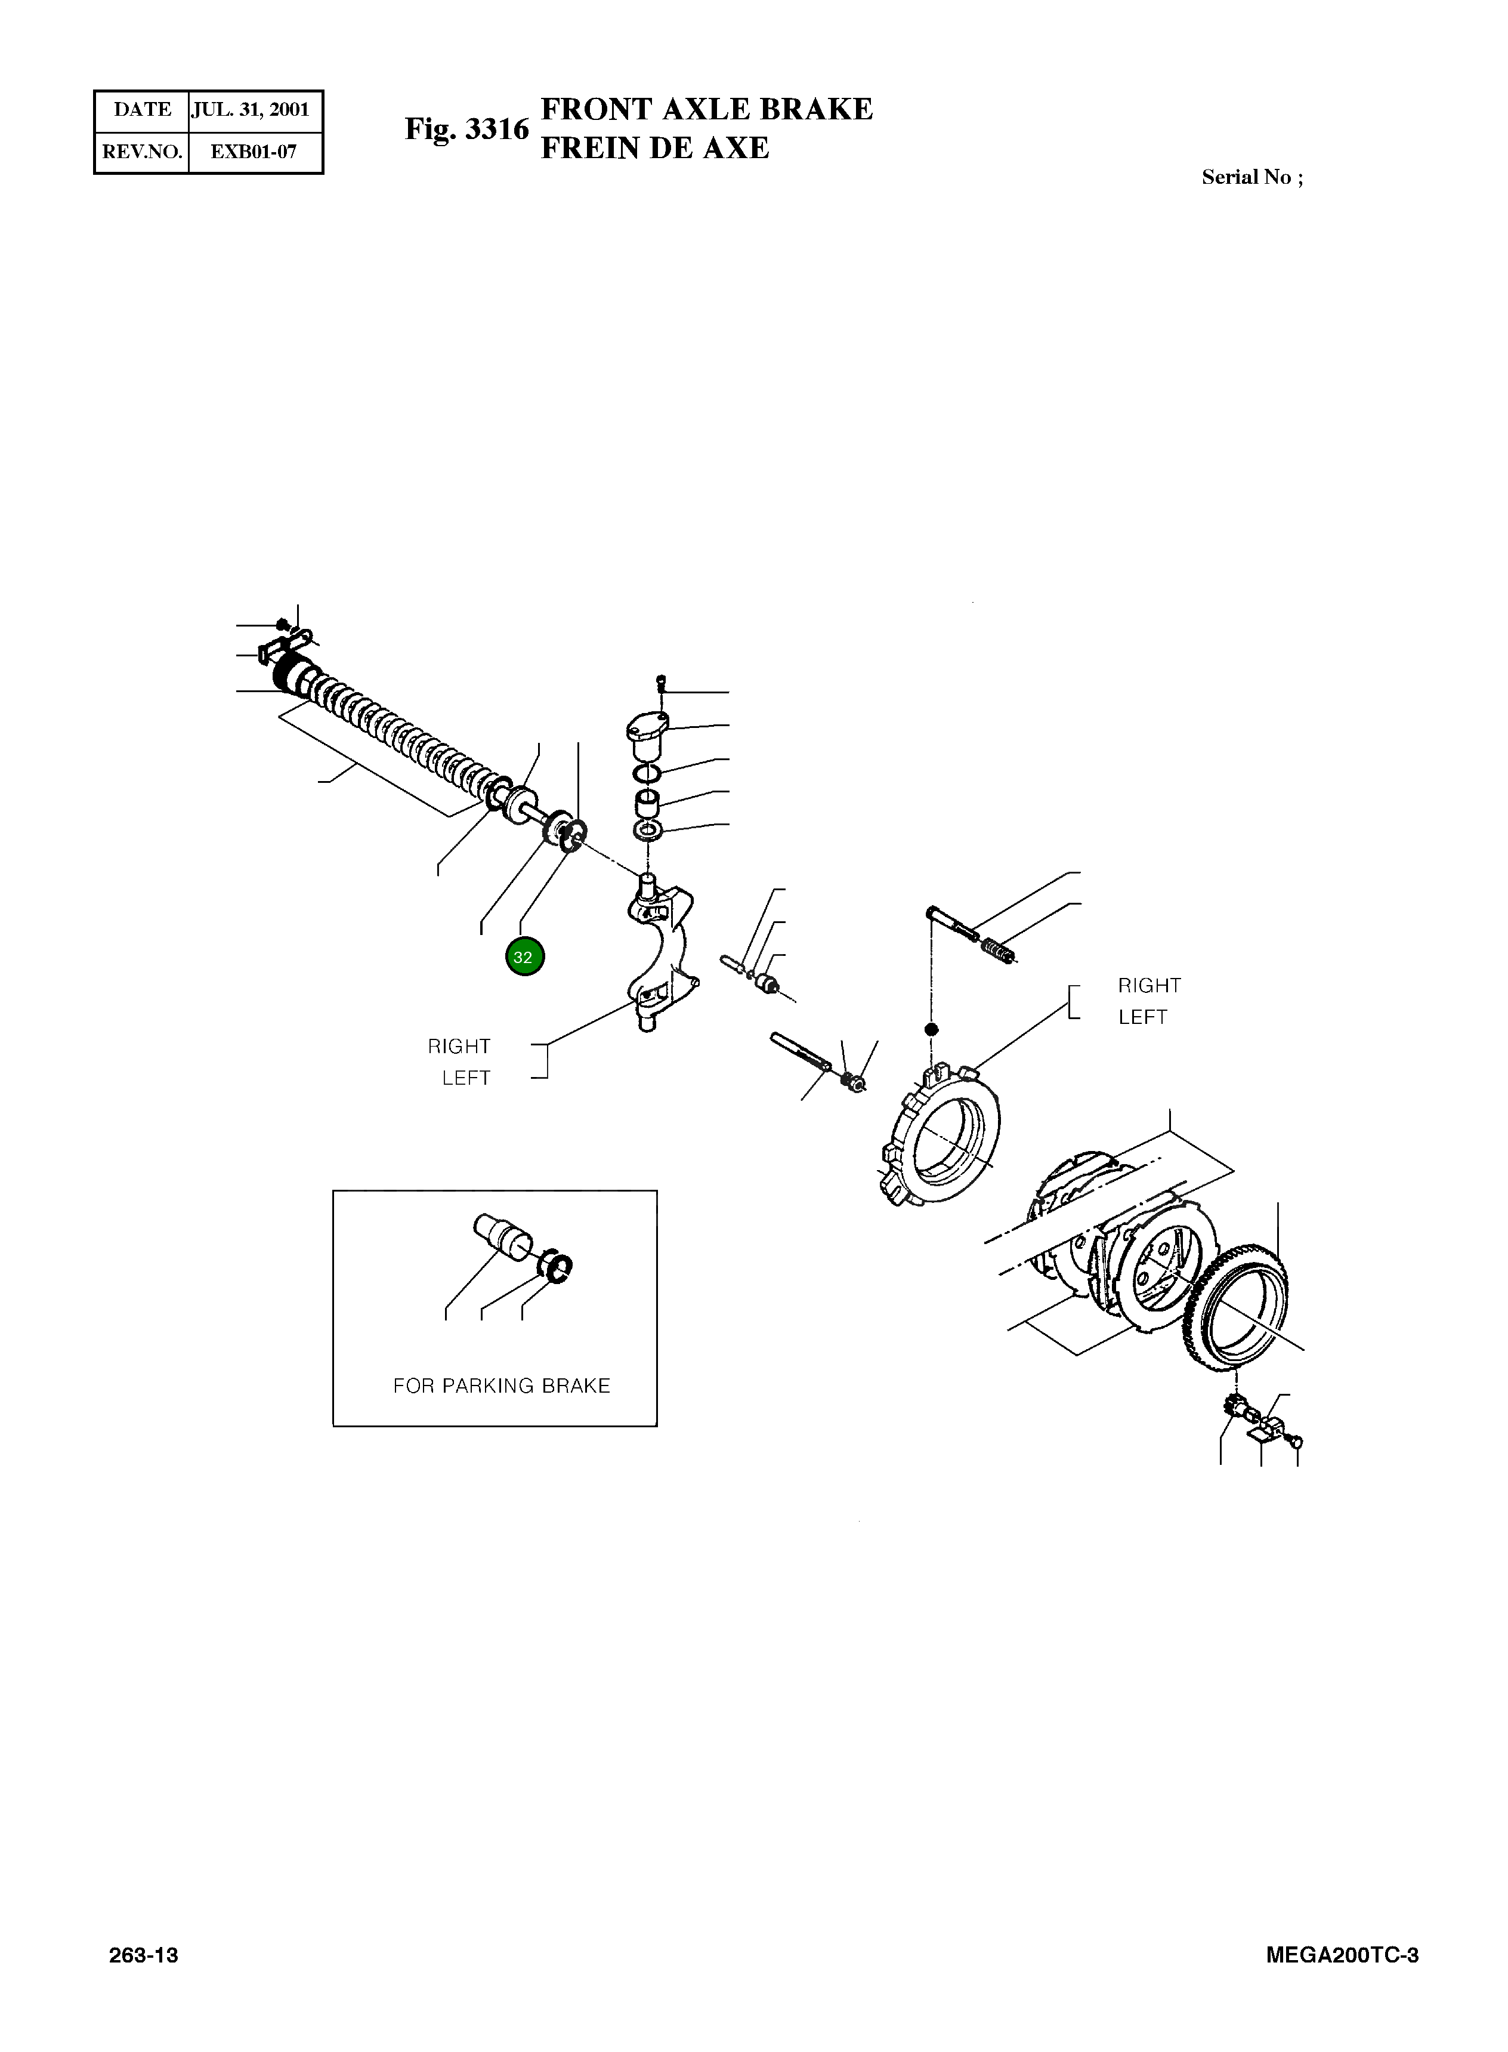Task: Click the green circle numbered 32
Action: (524, 958)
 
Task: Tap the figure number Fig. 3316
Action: (466, 129)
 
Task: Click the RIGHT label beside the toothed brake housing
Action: (1149, 986)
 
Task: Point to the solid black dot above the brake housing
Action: (932, 1030)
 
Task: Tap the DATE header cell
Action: (143, 110)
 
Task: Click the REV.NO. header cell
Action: (143, 152)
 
